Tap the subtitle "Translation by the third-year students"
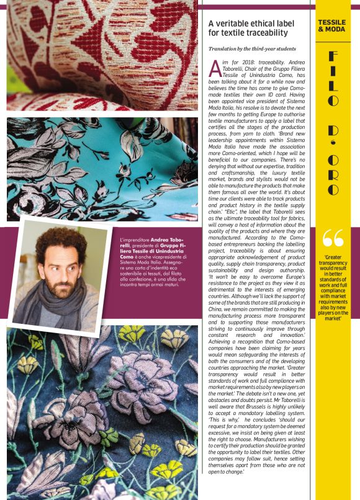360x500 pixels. click(252, 48)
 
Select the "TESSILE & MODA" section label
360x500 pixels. click(332, 25)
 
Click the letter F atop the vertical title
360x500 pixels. click(334, 57)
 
